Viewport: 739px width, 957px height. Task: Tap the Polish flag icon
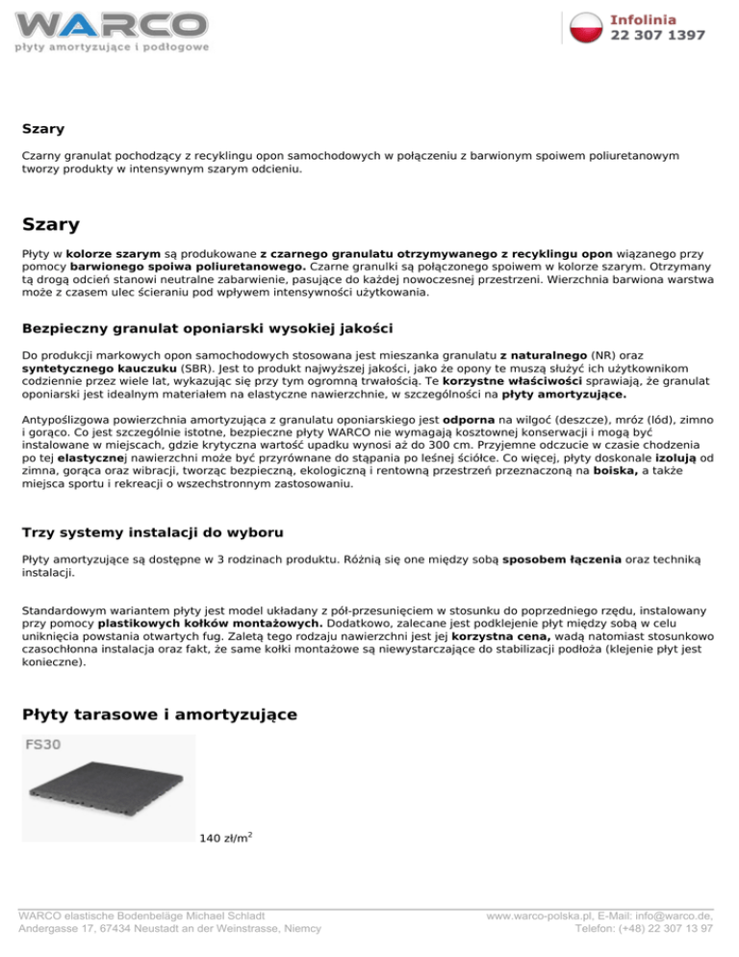[586, 27]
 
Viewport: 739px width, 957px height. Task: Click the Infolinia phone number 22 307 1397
[657, 35]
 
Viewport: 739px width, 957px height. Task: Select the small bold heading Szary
[43, 127]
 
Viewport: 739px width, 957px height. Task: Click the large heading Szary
[51, 225]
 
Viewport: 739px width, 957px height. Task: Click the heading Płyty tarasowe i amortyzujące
[159, 714]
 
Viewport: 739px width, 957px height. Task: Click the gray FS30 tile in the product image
[108, 793]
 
